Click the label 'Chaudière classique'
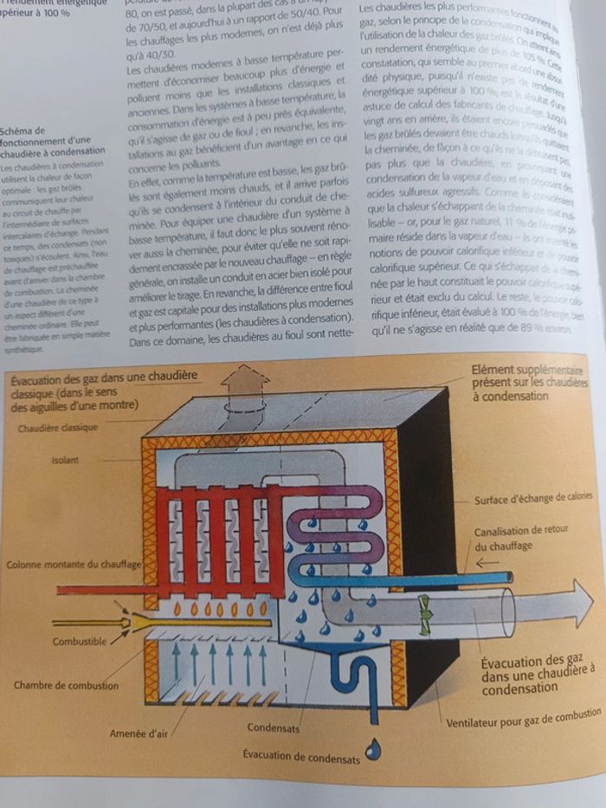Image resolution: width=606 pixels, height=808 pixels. (x=56, y=428)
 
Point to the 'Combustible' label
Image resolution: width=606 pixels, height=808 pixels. (x=80, y=643)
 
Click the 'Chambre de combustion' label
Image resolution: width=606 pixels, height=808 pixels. (x=65, y=685)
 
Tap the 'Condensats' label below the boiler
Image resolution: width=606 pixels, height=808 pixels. (x=274, y=727)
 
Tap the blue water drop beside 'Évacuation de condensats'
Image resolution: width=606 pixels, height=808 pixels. (x=373, y=750)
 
